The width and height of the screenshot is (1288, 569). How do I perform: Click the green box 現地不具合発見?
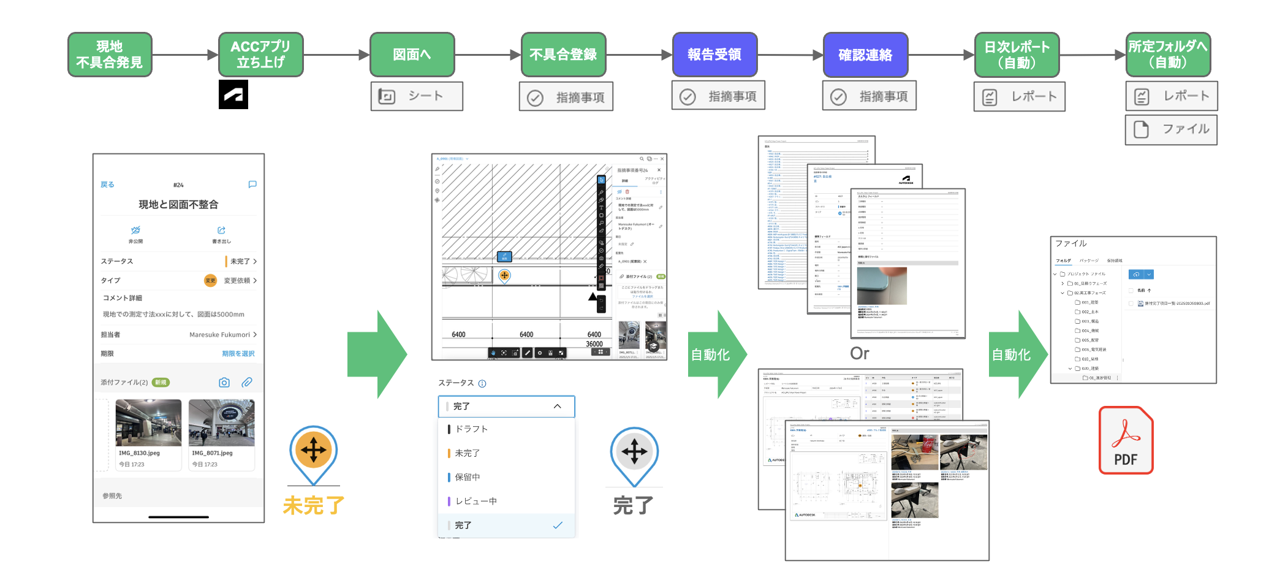[110, 55]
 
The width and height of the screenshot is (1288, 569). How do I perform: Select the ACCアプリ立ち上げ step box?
[260, 55]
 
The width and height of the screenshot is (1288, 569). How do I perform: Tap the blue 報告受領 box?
[714, 55]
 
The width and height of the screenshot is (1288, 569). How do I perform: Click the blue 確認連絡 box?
[865, 55]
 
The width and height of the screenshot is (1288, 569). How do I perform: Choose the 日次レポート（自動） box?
[1017, 55]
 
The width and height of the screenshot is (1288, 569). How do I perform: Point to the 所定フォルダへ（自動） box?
[1168, 55]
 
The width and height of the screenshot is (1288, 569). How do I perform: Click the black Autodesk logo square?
[233, 94]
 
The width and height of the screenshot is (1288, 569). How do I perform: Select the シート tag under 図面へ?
[417, 96]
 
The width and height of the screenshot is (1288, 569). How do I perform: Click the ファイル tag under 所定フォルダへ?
[1171, 129]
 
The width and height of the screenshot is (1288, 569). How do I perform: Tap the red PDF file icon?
[1126, 440]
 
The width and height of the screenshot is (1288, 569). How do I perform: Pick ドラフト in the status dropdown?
[471, 429]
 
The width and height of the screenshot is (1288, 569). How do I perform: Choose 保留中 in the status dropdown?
[468, 477]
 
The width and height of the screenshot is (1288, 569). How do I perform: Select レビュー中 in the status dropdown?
[475, 501]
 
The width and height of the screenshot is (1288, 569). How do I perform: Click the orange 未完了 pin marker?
[314, 451]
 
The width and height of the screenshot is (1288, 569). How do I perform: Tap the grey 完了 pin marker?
[634, 453]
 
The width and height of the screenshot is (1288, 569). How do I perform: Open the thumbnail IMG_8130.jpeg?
[148, 423]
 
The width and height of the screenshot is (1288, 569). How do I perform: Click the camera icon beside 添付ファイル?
[224, 383]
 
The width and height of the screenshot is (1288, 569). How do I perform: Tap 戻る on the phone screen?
[107, 185]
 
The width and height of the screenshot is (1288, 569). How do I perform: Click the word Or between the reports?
[859, 353]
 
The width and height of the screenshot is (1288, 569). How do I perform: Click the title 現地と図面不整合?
[178, 205]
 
